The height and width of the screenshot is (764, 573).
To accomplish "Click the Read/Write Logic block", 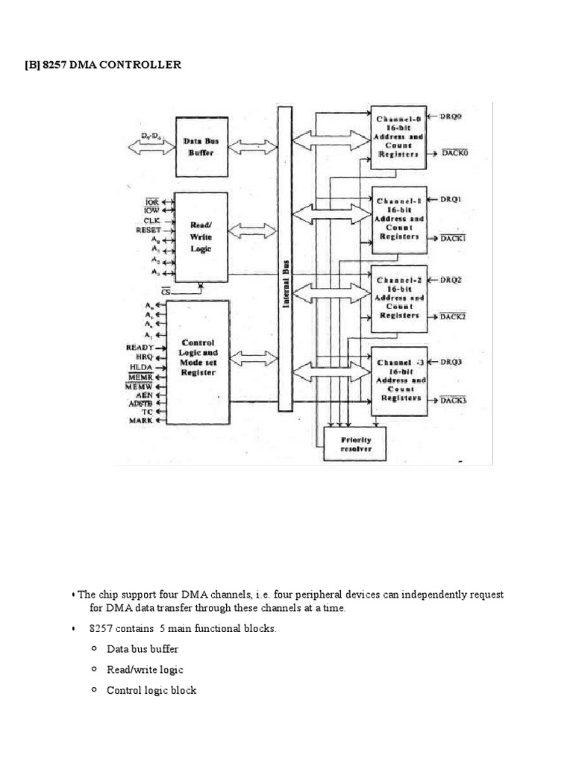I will click(201, 237).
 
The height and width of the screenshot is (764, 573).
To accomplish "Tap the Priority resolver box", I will click(356, 445).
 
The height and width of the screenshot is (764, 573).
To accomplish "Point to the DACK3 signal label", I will click(453, 401).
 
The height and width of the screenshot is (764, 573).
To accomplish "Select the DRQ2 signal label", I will click(451, 281).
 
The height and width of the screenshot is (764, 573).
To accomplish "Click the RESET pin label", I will click(148, 231).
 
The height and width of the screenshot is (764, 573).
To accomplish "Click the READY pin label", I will click(140, 348).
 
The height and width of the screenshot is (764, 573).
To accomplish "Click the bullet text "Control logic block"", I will click(151, 691).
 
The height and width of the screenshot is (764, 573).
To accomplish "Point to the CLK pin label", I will click(153, 221).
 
